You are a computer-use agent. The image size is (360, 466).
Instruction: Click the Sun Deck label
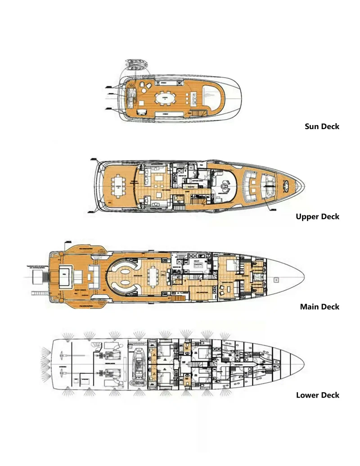pyautogui.click(x=322, y=126)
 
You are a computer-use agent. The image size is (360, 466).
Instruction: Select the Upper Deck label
pyautogui.click(x=317, y=216)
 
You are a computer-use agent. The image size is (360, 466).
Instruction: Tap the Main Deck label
pyautogui.click(x=319, y=307)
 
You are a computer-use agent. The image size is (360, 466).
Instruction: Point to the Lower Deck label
pyautogui.click(x=317, y=395)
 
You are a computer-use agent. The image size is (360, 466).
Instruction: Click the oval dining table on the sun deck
pyautogui.click(x=166, y=98)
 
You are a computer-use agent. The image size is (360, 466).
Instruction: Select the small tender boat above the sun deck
pyautogui.click(x=133, y=64)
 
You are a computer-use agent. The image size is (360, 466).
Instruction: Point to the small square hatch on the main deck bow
pyautogui.click(x=276, y=279)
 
